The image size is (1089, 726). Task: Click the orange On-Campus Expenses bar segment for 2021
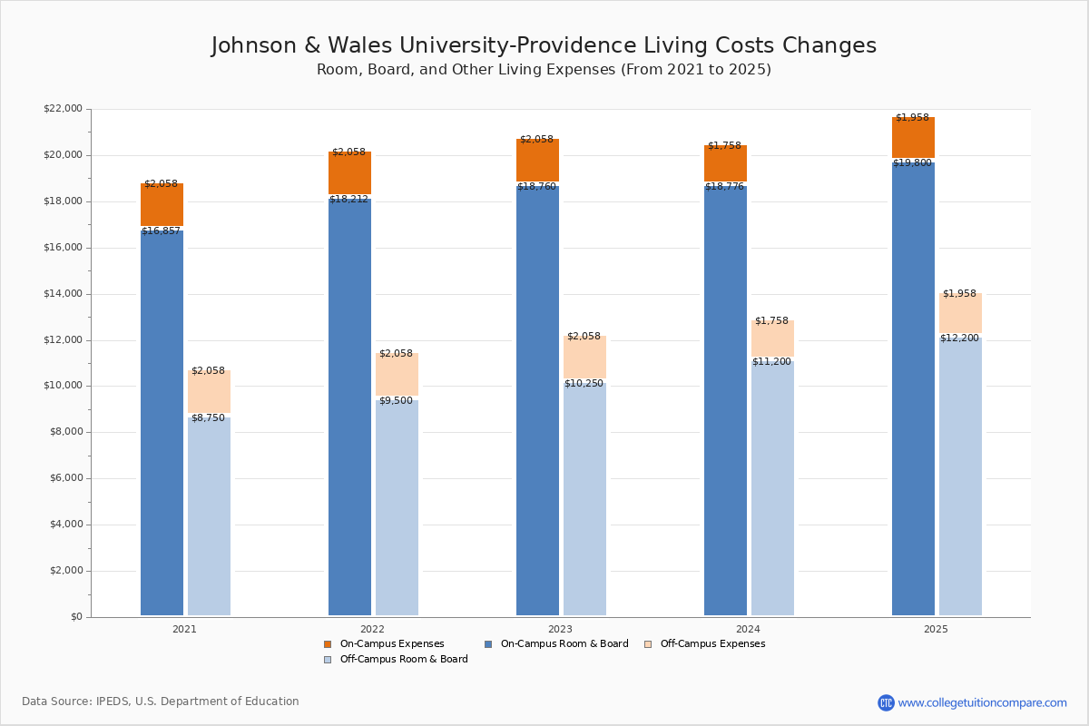click(162, 205)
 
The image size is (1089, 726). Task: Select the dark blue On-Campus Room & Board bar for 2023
click(537, 399)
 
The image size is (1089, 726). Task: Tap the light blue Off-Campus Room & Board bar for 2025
click(960, 476)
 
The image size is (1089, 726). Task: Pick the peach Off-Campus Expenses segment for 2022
click(397, 374)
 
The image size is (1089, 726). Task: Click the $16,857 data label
click(161, 231)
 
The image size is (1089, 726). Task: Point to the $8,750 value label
click(208, 418)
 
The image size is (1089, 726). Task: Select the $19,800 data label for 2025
click(912, 163)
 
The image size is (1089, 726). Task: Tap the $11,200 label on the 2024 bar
click(772, 362)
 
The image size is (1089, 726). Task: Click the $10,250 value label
click(584, 384)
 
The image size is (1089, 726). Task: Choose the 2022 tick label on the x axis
click(372, 629)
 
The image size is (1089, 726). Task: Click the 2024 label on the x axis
click(748, 629)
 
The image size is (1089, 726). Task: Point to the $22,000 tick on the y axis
click(63, 109)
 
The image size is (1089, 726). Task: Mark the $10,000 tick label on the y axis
click(63, 386)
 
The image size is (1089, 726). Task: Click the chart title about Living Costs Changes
click(544, 46)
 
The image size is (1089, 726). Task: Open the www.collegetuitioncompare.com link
click(982, 702)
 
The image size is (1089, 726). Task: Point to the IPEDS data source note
click(161, 701)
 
